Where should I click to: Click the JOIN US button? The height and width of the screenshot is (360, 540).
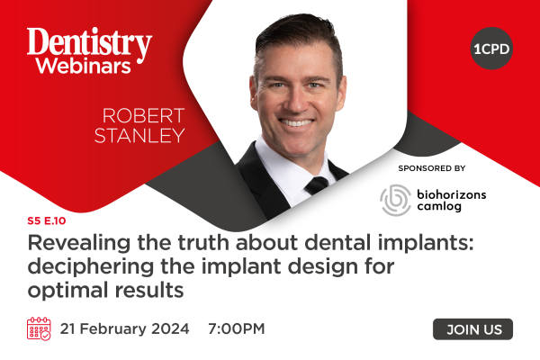(x=472, y=329)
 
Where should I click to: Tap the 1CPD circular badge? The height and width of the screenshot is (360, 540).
(x=491, y=49)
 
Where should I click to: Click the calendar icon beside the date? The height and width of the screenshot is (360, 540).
(x=39, y=328)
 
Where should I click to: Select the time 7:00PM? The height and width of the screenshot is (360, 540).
(x=236, y=328)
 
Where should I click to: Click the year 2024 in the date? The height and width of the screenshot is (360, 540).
(x=170, y=328)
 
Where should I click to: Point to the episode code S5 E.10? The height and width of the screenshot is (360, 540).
(x=47, y=220)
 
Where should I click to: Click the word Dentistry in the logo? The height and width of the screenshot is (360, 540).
(x=89, y=44)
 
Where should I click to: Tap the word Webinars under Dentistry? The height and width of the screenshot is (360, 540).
(x=84, y=66)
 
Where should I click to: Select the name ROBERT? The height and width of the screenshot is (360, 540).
(x=144, y=116)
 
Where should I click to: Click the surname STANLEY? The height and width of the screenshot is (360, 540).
(x=139, y=135)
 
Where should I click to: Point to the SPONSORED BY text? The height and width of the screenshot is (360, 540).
(x=432, y=168)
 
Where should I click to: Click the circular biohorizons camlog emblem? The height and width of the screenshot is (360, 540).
(x=395, y=200)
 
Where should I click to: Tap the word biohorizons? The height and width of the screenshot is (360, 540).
(x=452, y=194)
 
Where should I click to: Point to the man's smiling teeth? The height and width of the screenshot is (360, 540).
(x=296, y=122)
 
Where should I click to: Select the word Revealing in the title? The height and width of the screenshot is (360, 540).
(x=79, y=243)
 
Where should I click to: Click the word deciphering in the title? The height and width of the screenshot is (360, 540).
(x=91, y=267)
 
